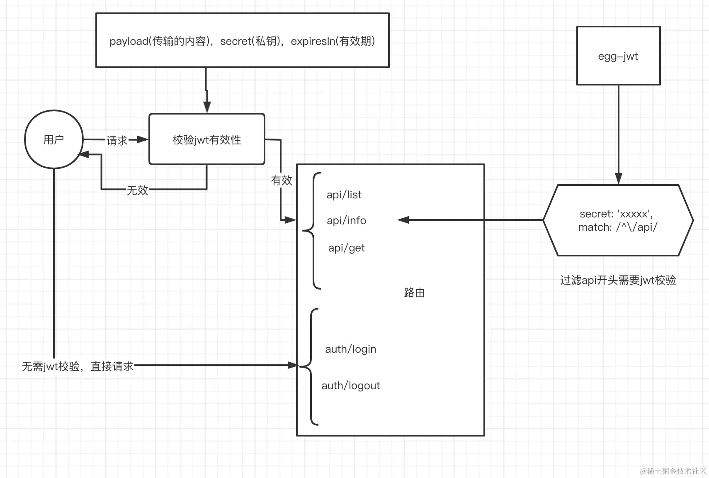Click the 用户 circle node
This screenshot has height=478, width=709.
pyautogui.click(x=53, y=139)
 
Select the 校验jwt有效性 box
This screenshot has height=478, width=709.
pyautogui.click(x=206, y=139)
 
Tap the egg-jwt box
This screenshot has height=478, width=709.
pyautogui.click(x=618, y=56)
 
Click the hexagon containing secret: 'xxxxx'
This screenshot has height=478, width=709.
pyautogui.click(x=618, y=220)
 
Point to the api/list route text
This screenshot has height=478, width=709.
pyautogui.click(x=344, y=195)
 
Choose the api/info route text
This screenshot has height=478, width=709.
pyautogui.click(x=346, y=220)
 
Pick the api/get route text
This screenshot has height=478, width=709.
pyautogui.click(x=346, y=248)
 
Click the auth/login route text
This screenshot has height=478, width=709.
pyautogui.click(x=350, y=349)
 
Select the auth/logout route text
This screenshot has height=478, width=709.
pyautogui.click(x=350, y=385)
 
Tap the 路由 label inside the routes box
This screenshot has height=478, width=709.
pyautogui.click(x=414, y=293)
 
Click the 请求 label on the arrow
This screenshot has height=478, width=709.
pyautogui.click(x=117, y=140)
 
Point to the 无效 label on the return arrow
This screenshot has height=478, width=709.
pyautogui.click(x=137, y=190)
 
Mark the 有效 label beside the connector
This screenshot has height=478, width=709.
pyautogui.click(x=282, y=180)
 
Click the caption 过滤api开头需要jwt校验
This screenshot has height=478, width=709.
pyautogui.click(x=618, y=280)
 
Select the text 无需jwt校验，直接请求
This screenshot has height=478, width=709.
pyautogui.click(x=78, y=366)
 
